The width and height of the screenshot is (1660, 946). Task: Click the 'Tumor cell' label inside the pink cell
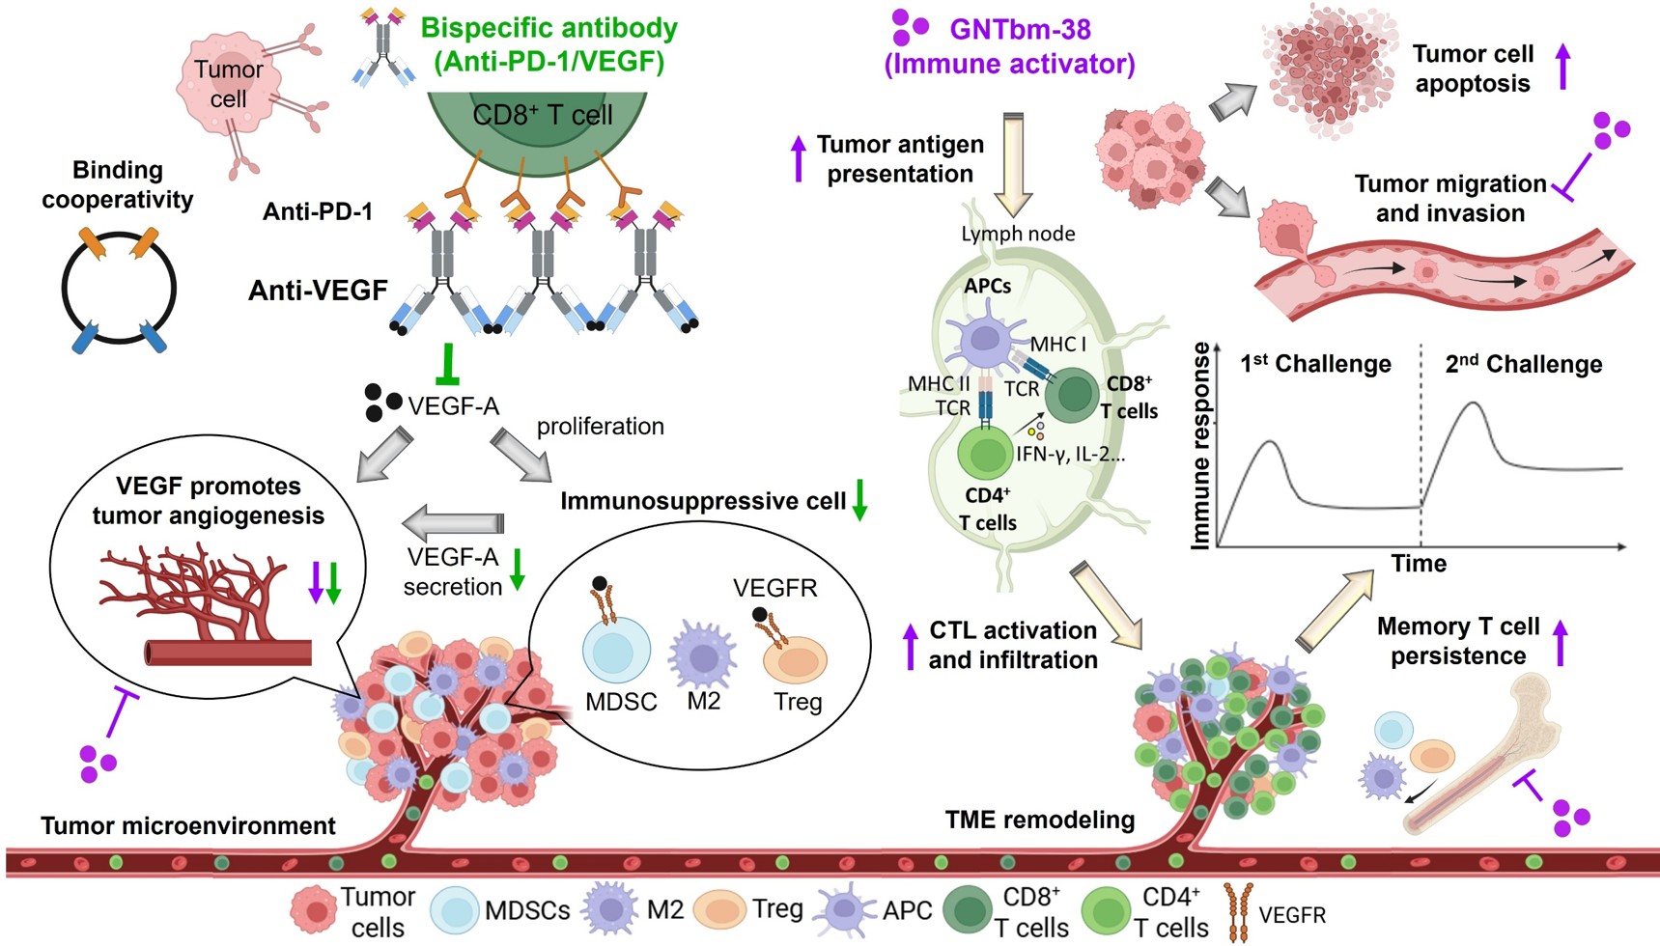tap(228, 84)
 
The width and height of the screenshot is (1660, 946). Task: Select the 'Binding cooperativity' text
tap(118, 184)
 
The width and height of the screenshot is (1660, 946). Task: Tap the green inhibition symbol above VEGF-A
tap(447, 366)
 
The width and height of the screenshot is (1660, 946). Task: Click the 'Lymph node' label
tap(1018, 234)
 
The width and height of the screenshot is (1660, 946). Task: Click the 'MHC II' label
tap(939, 384)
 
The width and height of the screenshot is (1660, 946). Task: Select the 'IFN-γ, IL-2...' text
tap(1070, 454)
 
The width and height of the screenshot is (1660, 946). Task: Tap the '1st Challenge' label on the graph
tap(1315, 364)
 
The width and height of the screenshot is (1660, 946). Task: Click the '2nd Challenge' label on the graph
tap(1523, 364)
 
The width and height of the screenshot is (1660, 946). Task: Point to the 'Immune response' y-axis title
tap(1201, 446)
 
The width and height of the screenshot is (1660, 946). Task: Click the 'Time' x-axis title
tap(1419, 564)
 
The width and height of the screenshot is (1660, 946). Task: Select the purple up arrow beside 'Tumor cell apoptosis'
tap(1563, 68)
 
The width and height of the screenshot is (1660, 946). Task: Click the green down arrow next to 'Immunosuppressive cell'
tap(858, 500)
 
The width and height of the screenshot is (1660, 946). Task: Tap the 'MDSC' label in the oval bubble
tap(621, 702)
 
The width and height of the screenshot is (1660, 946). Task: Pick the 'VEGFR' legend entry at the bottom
tap(1291, 914)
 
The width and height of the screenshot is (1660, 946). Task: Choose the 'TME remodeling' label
tap(1039, 820)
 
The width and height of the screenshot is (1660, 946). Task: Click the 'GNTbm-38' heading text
tap(1020, 30)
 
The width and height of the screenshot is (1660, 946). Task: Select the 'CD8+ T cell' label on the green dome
tap(542, 116)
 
